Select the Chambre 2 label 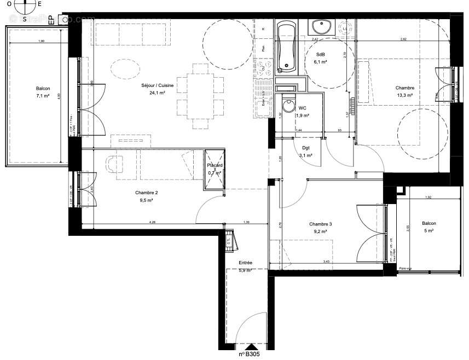(146, 193)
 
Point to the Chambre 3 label (320, 224)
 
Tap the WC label (303, 108)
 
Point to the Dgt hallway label (306, 148)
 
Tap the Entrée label (245, 263)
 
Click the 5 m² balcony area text (429, 231)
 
